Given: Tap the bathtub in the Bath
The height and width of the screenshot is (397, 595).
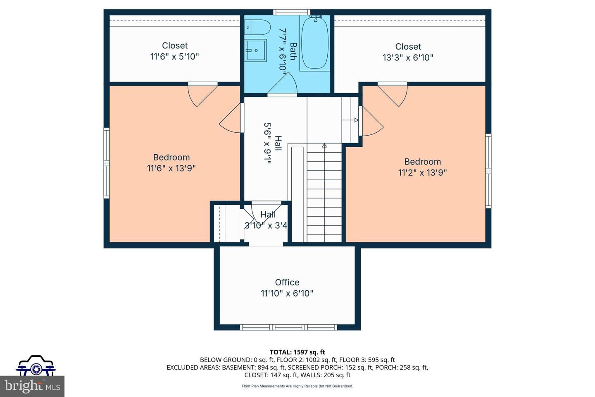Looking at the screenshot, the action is click(x=315, y=43).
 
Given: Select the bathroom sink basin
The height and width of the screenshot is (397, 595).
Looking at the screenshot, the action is click(x=255, y=50).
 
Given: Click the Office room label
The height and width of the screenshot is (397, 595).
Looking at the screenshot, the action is click(x=287, y=282).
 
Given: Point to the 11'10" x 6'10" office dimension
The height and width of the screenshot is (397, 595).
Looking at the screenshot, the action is click(x=287, y=293).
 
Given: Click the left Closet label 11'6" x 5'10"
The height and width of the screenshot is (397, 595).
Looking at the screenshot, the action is click(x=174, y=51).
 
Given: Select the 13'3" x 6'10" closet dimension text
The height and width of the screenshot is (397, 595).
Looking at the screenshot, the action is click(x=408, y=57).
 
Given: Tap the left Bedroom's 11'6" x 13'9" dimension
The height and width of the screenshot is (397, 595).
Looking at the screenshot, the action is click(x=171, y=168).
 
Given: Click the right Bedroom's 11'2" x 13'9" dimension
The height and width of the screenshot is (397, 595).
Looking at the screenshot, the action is click(x=422, y=172).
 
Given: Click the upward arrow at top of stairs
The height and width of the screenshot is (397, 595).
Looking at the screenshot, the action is click(x=324, y=146).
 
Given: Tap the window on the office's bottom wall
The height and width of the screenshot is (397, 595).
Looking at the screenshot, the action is click(x=288, y=328).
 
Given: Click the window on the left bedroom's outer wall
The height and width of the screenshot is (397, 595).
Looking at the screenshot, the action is click(x=107, y=163).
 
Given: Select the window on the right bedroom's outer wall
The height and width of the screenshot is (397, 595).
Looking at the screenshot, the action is click(x=488, y=171).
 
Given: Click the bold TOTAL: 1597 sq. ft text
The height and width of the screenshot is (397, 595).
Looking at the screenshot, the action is click(x=297, y=352).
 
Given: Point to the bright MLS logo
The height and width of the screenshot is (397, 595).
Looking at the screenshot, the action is click(x=32, y=386).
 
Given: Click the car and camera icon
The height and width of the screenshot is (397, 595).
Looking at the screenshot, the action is click(x=36, y=365).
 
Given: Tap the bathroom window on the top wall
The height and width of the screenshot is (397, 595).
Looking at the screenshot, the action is click(x=292, y=12).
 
